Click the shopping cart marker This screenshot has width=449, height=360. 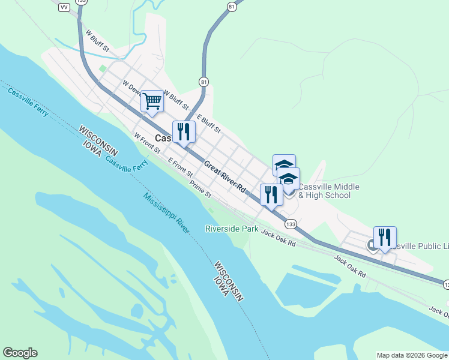coord(152,101)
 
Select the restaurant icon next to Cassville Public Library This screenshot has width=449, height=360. coord(385,238)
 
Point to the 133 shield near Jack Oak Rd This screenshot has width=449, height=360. coord(291,224)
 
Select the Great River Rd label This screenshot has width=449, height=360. coord(225,176)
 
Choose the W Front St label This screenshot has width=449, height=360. coord(147,143)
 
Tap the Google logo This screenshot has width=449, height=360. coord(20,353)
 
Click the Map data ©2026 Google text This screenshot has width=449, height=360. coord(412,355)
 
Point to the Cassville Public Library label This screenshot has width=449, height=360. coord(420,246)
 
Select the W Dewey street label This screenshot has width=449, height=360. coord(131,87)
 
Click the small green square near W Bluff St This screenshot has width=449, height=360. coord(103,68)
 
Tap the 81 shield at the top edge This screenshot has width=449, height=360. coord(232,7)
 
